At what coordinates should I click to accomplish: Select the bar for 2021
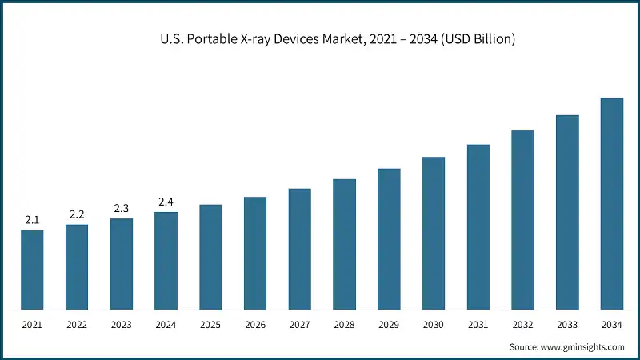32,270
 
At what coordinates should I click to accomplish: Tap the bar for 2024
166,261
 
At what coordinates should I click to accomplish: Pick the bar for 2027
300,249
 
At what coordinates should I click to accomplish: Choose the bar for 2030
434,233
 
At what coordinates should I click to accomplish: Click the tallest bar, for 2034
612,204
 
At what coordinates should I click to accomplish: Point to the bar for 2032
522,220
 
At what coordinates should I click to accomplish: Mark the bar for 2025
210,257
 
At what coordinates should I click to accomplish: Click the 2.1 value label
32,219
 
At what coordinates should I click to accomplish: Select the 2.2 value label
77,214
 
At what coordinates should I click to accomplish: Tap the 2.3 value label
122,208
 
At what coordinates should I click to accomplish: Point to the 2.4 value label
166,201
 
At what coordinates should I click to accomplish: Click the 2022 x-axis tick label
77,325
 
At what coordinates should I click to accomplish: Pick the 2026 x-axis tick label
255,325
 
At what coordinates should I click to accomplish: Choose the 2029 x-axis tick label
389,325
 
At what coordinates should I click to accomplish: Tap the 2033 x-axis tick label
567,325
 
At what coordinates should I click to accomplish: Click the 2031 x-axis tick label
478,325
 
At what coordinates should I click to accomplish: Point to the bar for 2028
344,244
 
